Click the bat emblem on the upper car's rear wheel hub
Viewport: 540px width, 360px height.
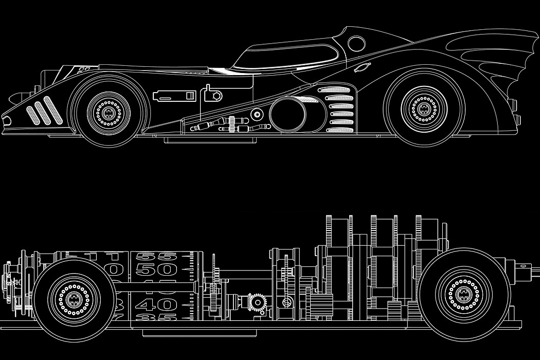point(424,108)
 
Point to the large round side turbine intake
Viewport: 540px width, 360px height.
point(288,114)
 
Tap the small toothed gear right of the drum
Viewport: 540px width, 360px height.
point(257,302)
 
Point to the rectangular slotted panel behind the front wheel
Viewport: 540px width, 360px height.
point(175,95)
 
